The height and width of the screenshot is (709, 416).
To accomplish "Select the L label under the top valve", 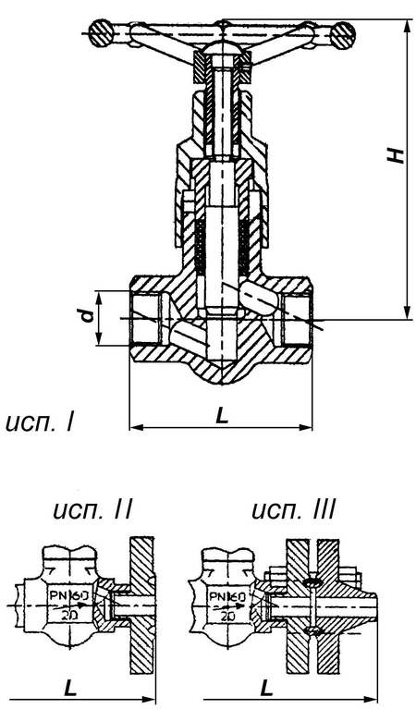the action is (x=221, y=416).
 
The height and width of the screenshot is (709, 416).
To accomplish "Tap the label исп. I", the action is (x=39, y=423).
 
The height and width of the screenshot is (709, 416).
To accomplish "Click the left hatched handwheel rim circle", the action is (x=101, y=34).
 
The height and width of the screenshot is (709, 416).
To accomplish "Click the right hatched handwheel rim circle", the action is (x=342, y=36).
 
